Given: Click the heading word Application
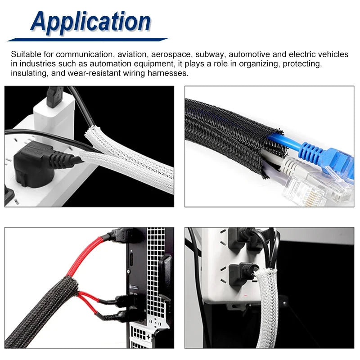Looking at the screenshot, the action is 90,22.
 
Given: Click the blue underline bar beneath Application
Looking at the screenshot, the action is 88,40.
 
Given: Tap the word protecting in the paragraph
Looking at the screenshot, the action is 301,64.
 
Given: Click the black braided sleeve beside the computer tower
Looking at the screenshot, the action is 41,312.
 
